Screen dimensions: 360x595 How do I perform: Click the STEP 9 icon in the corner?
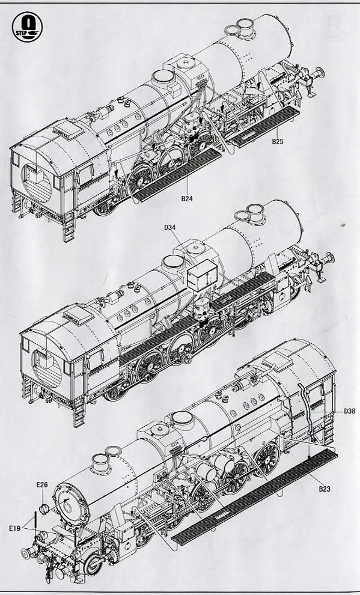tap(27, 27)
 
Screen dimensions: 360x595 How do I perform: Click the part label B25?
tap(277, 142)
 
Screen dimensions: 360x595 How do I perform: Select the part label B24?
tap(187, 198)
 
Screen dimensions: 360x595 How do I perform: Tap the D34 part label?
tap(170, 227)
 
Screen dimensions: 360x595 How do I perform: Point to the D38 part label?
tap(349, 411)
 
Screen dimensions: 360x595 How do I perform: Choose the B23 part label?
tap(325, 489)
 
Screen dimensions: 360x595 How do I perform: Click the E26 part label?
tap(42, 484)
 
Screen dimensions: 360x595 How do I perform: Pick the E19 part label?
tap(15, 528)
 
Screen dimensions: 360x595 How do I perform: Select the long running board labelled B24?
tap(177, 174)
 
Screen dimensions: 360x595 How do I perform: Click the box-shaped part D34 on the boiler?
tap(202, 275)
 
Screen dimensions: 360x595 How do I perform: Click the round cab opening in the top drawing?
tap(37, 183)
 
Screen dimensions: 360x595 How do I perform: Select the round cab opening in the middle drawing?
tap(47, 368)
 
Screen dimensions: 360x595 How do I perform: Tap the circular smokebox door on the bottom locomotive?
tap(71, 505)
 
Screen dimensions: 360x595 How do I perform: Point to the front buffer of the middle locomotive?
tap(329, 258)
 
